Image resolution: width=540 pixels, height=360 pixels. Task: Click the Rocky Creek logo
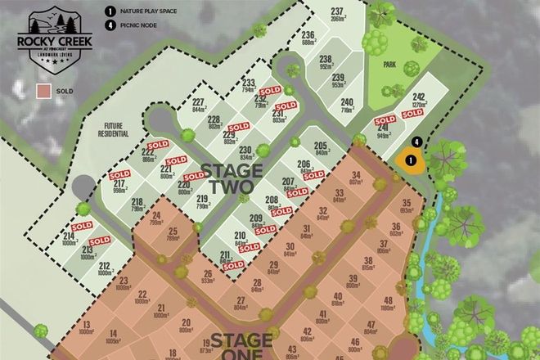pyautogui.click(x=52, y=34)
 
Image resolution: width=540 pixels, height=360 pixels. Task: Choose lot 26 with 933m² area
pyautogui.click(x=208, y=277)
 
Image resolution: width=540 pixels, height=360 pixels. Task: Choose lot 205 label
pyautogui.click(x=321, y=148)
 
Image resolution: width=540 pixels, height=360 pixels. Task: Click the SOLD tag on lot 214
pyautogui.click(x=81, y=227)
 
